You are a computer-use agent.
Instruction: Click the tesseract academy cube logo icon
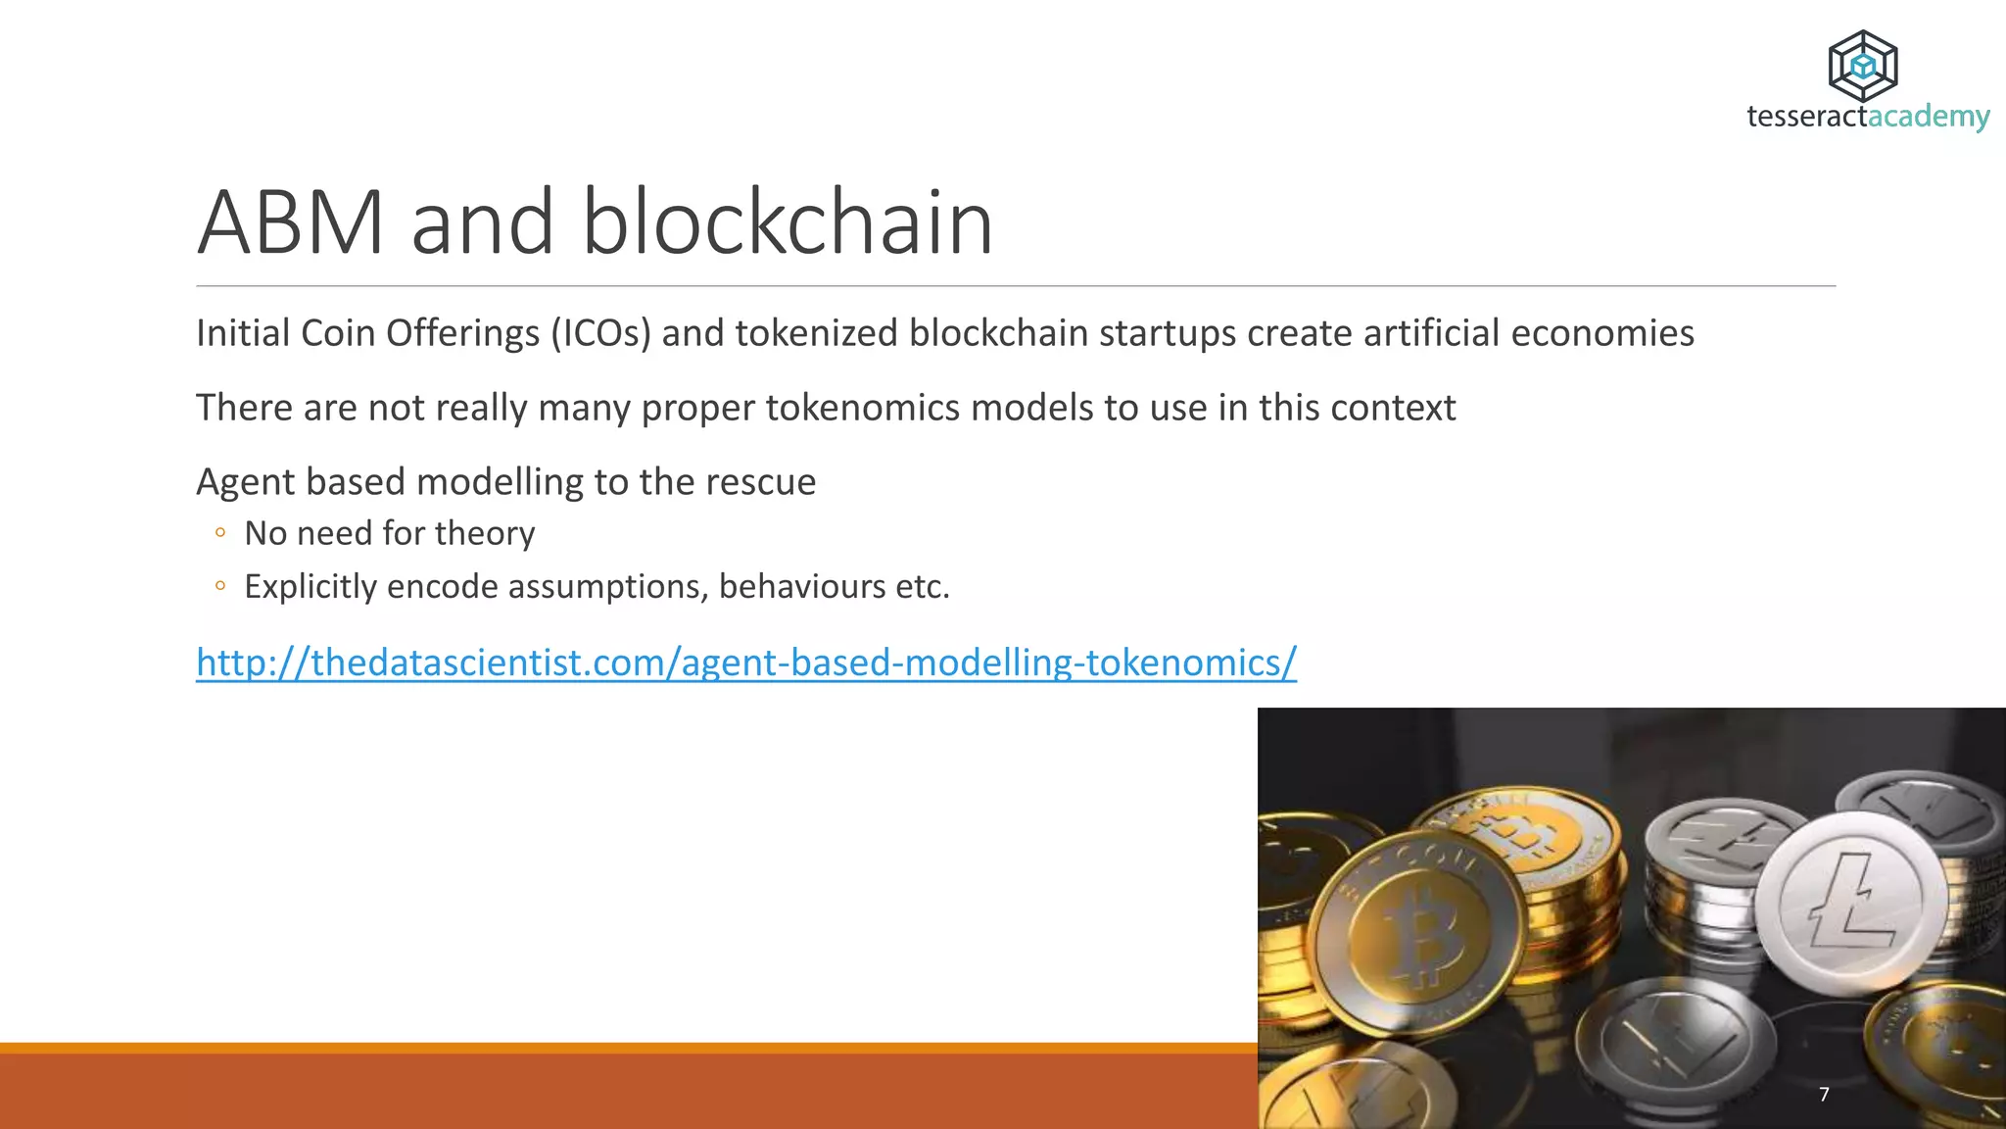pyautogui.click(x=1862, y=66)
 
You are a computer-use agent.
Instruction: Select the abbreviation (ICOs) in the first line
pyautogui.click(x=600, y=334)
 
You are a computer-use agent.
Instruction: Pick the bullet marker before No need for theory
pyautogui.click(x=220, y=533)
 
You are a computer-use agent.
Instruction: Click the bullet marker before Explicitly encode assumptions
pyautogui.click(x=220, y=586)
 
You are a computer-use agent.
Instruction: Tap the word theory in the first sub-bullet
pyautogui.click(x=485, y=534)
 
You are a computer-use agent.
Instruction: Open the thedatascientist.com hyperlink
pyautogui.click(x=745, y=663)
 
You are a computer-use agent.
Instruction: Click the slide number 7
pyautogui.click(x=1824, y=1094)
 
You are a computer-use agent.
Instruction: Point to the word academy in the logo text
pyautogui.click(x=1929, y=117)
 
